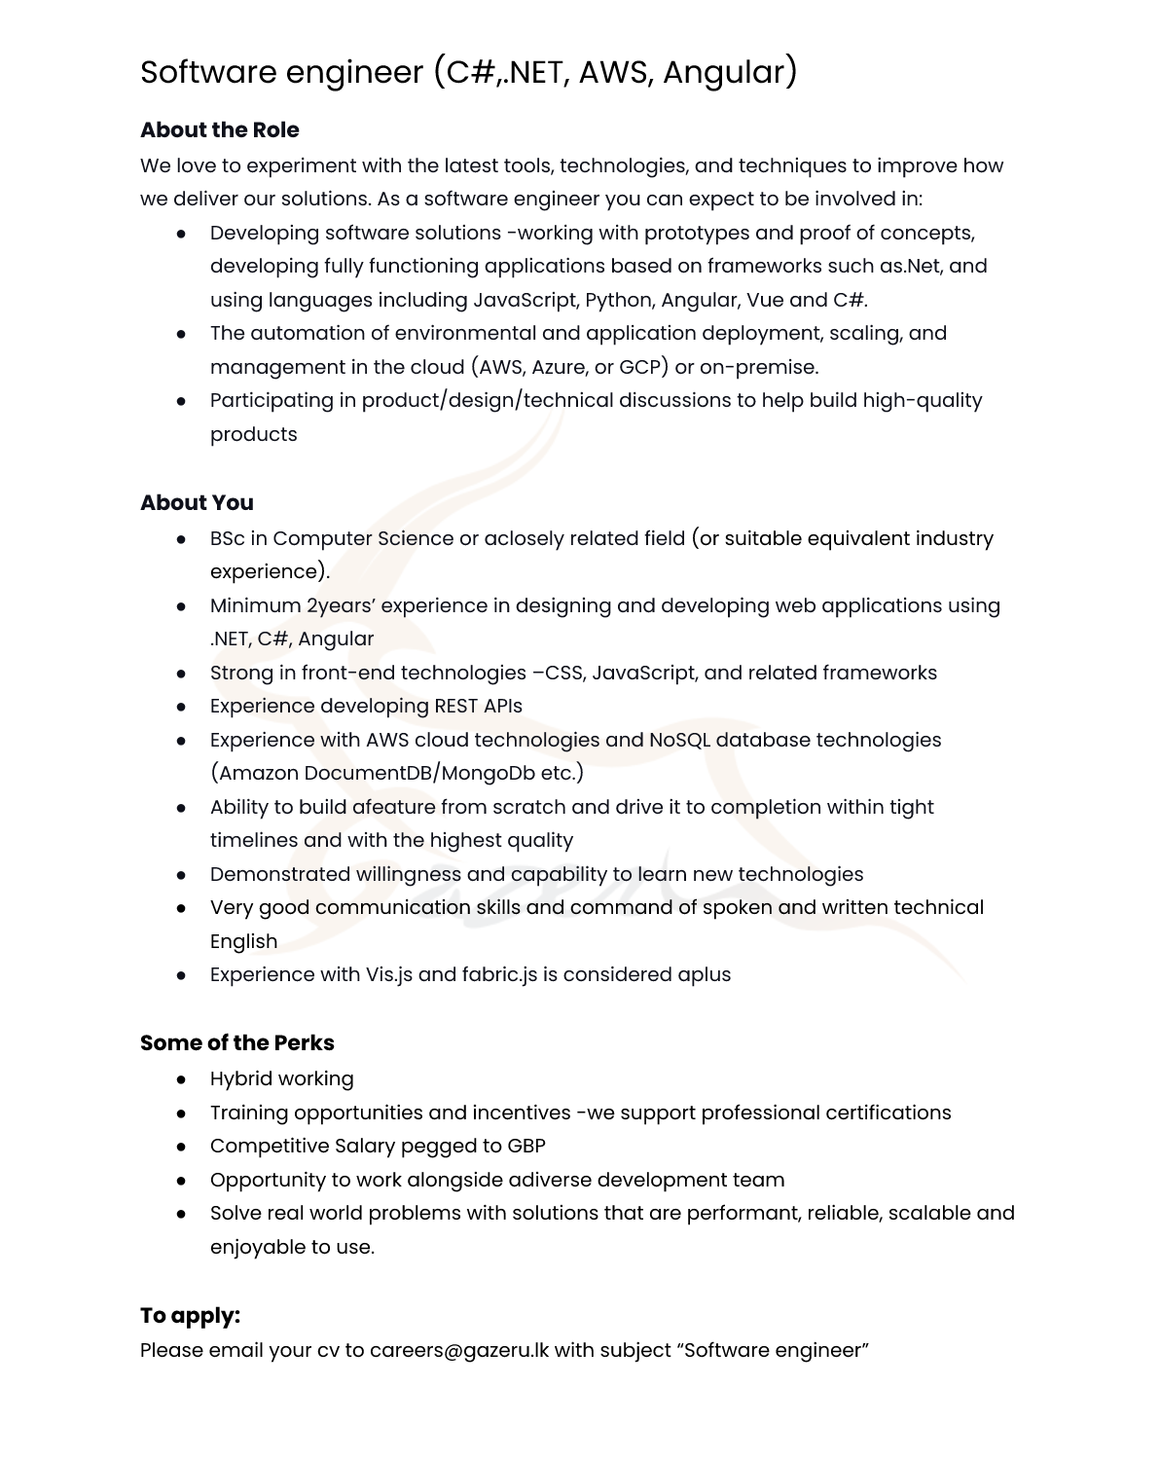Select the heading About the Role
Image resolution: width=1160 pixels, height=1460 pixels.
click(219, 129)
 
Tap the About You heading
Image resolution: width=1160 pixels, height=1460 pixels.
click(197, 502)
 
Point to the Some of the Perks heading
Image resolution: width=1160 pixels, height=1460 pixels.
click(236, 1042)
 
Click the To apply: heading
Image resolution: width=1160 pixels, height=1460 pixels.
click(190, 1315)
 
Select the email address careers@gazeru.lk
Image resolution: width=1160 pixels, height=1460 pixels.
click(459, 1350)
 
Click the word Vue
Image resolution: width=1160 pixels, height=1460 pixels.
click(765, 300)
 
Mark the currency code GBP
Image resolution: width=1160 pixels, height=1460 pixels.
click(526, 1146)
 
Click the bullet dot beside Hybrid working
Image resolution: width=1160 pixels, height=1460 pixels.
click(181, 1079)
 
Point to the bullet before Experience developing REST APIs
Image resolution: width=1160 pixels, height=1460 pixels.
click(181, 707)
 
